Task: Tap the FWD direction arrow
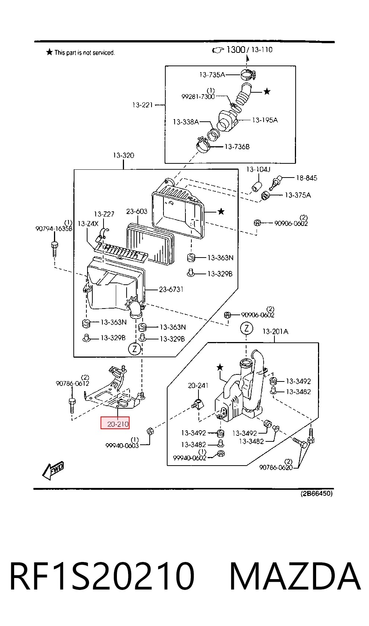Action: point(53,470)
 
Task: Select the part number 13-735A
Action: point(212,74)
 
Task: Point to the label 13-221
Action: point(143,105)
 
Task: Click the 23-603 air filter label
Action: point(137,211)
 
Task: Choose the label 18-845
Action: point(307,178)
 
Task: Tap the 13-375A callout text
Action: point(298,195)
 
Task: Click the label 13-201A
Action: point(275,332)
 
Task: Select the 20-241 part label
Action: point(198,386)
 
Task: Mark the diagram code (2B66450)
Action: point(316,494)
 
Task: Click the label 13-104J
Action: point(258,169)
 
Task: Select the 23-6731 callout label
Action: point(171,289)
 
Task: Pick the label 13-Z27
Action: point(104,214)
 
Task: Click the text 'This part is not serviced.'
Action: point(85,52)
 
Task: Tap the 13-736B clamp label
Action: point(237,147)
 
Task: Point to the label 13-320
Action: point(123,155)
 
